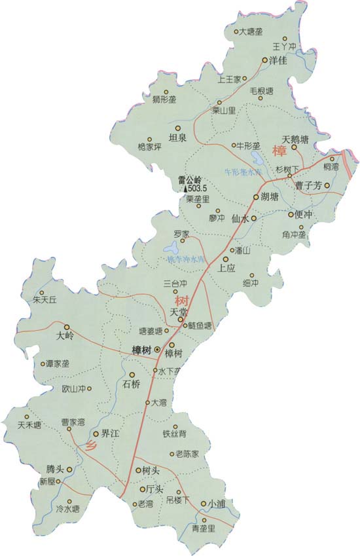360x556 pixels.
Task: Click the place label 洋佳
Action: [279, 60]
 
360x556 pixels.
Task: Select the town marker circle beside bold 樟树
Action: [157, 350]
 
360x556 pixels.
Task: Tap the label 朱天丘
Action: [45, 300]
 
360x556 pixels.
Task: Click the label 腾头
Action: [55, 470]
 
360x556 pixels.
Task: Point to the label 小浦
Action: [218, 504]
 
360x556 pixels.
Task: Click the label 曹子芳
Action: [307, 185]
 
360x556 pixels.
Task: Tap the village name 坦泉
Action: [178, 138]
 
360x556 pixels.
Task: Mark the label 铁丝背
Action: [175, 434]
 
